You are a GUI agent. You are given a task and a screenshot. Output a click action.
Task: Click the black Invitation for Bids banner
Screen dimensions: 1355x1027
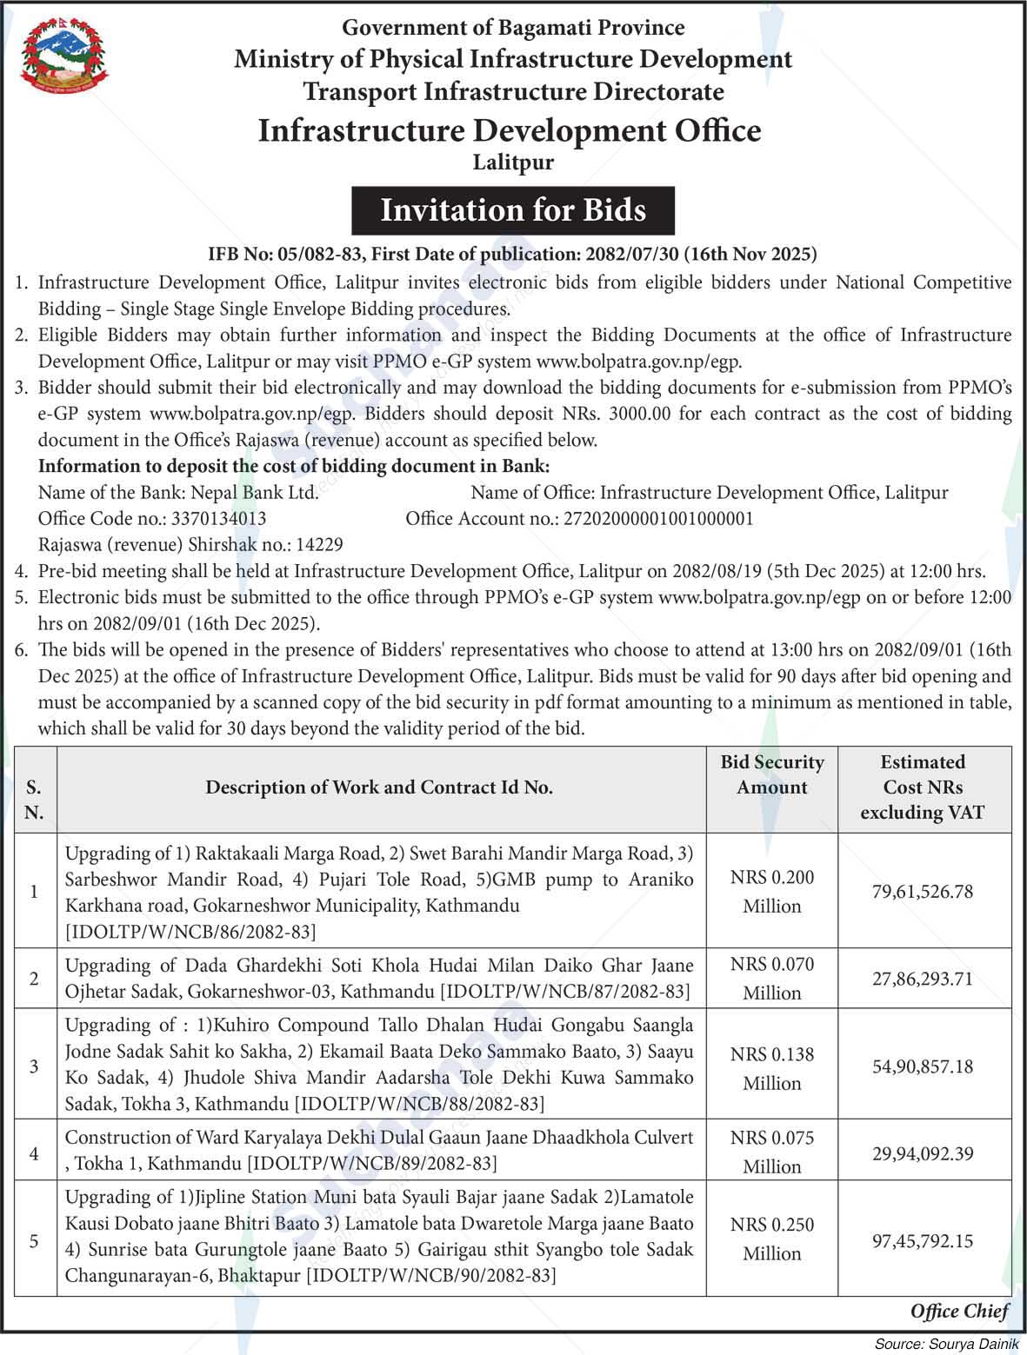point(513,210)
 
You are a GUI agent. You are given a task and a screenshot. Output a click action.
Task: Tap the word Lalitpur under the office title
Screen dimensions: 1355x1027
point(513,163)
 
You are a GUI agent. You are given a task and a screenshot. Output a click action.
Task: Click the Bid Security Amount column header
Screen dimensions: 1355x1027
point(771,775)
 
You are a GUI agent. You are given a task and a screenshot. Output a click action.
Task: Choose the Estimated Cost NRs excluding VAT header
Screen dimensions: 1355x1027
point(922,787)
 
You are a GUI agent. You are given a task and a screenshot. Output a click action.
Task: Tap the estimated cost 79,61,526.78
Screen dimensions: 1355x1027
point(922,892)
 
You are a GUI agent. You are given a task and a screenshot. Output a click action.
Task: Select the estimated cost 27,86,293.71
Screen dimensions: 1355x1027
point(922,979)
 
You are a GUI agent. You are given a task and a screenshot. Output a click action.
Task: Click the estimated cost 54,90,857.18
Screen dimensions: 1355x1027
point(922,1066)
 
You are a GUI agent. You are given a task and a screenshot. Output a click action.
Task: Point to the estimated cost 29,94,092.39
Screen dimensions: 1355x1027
point(922,1153)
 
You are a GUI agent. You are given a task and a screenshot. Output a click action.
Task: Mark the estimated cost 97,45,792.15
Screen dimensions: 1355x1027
point(922,1240)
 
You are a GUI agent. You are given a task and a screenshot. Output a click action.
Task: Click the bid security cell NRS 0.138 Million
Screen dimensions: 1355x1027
point(771,1068)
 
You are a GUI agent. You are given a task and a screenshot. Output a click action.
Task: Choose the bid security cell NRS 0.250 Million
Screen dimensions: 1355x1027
point(771,1239)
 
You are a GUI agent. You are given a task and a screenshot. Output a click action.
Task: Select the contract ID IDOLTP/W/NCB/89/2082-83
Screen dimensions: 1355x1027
point(372,1163)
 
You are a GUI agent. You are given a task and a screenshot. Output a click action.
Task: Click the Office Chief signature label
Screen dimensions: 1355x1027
point(959,1312)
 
